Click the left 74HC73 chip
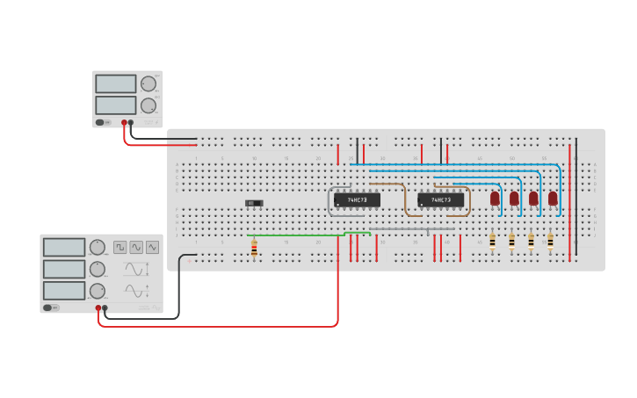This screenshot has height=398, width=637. pyautogui.click(x=357, y=199)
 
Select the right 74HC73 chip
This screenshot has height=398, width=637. pyautogui.click(x=440, y=199)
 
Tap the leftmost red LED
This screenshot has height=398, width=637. pyautogui.click(x=495, y=199)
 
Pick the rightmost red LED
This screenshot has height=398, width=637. pyautogui.click(x=553, y=199)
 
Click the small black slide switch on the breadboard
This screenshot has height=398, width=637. pyautogui.click(x=254, y=203)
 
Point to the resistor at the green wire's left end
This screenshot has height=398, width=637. pyautogui.click(x=254, y=250)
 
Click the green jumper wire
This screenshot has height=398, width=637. pyautogui.click(x=299, y=235)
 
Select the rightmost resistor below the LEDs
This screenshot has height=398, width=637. pyautogui.click(x=550, y=241)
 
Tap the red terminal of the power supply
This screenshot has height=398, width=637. pyautogui.click(x=125, y=123)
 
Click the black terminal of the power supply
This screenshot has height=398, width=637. pyautogui.click(x=132, y=123)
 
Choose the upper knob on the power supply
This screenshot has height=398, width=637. pyautogui.click(x=148, y=84)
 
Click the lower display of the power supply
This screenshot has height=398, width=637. pyautogui.click(x=115, y=105)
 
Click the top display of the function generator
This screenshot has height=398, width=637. pyautogui.click(x=63, y=247)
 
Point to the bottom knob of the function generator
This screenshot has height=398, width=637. pyautogui.click(x=97, y=291)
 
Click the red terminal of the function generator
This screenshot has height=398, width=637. pyautogui.click(x=98, y=308)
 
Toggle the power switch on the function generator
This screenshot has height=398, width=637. pyautogui.click(x=51, y=308)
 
